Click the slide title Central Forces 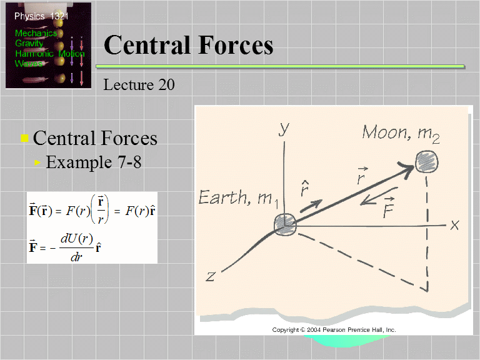coord(188,45)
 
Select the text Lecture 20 coord(139,84)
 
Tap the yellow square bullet coord(25,139)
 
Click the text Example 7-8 coord(94,162)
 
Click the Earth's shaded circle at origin coord(285,224)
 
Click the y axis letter coord(284,129)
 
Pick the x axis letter coord(454,225)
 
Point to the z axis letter coord(211,276)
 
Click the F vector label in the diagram coord(389,207)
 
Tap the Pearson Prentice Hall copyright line coord(334,329)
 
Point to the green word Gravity coord(29,44)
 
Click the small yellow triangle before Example coord(38,163)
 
